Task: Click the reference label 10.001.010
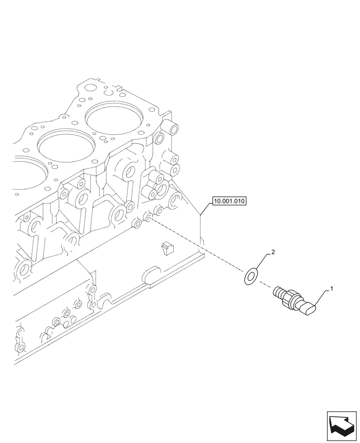229,201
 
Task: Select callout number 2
273,253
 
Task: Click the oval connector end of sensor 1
308,307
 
